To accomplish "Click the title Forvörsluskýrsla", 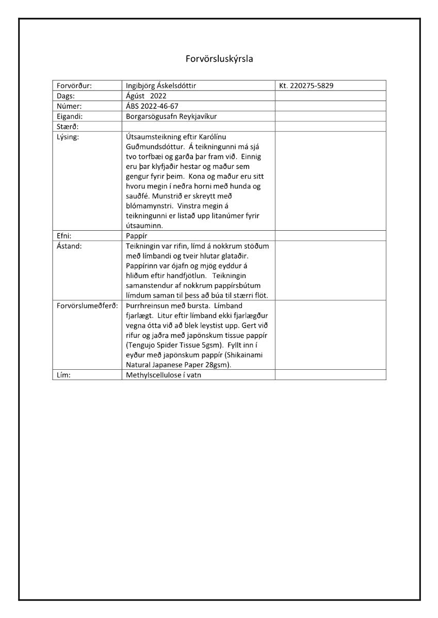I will (219, 59).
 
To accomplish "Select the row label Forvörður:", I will (74, 85).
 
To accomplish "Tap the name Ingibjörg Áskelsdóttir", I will (160, 85).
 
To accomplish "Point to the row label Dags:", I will (67, 96).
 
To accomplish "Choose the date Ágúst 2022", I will (147, 96).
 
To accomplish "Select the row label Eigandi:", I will (70, 116).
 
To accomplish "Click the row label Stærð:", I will (68, 127).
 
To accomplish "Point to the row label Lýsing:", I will (69, 137).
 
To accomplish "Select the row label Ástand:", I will (70, 246).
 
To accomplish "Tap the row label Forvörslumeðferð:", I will (86, 305).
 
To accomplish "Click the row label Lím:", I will (63, 375).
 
